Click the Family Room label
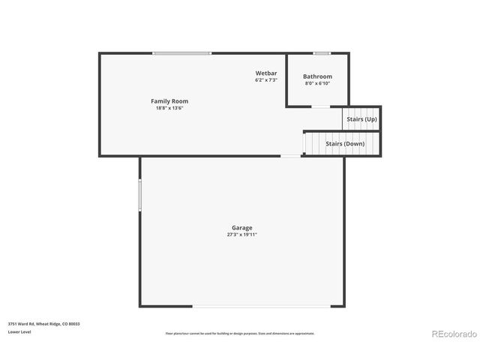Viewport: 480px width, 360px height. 169,100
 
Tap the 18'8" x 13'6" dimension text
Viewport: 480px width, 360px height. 169,108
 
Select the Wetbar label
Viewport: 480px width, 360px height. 266,73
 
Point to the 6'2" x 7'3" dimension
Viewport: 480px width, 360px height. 266,79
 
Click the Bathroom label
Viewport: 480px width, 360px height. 317,76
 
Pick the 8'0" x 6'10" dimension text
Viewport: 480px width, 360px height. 317,83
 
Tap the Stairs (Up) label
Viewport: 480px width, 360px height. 361,119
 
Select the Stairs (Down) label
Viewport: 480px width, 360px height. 345,143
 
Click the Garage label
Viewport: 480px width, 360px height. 241,227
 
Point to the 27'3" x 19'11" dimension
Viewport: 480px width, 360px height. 241,235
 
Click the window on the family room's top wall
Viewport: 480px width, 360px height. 181,53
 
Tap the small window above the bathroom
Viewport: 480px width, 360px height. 322,53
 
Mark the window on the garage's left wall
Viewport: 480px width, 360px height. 139,194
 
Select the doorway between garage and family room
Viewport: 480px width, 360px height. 291,156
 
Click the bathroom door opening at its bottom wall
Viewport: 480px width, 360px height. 319,107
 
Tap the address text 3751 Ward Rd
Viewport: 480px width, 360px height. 43,324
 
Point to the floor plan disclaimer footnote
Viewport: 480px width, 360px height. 240,333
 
